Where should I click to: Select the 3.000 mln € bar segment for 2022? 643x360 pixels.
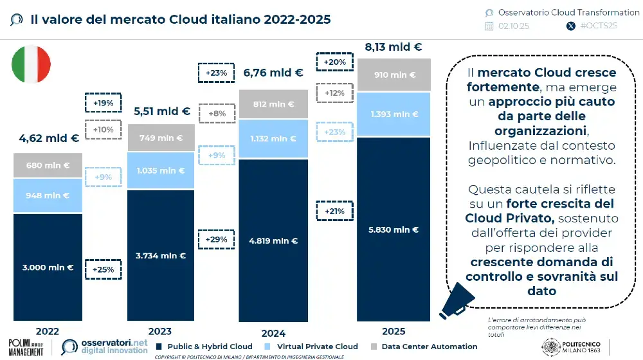(48, 267)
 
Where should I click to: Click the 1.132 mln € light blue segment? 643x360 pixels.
(273, 139)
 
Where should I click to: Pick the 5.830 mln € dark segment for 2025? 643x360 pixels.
(394, 230)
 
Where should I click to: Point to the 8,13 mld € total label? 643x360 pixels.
(394, 47)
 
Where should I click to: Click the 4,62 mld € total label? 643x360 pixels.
(49, 138)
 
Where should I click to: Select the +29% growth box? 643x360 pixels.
(216, 239)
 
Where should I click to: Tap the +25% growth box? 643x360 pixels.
(103, 269)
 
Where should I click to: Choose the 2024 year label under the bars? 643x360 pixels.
(273, 334)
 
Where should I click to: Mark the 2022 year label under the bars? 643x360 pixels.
(48, 332)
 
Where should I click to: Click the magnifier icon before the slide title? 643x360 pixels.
(17, 19)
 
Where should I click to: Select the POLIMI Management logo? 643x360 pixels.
(30, 346)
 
